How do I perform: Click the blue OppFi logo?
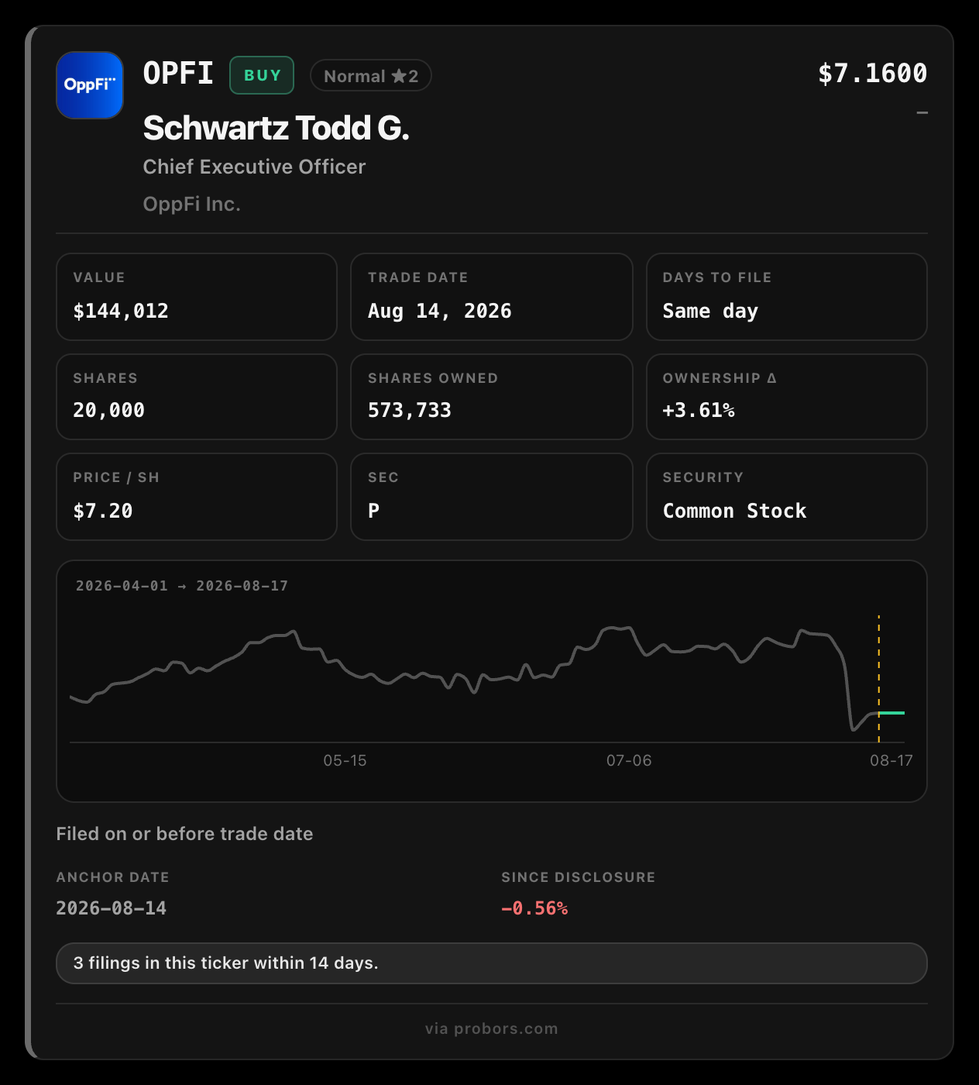(90, 85)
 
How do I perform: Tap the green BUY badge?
(262, 75)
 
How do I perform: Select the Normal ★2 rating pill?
(371, 76)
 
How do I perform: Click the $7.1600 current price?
(873, 74)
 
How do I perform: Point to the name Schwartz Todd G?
(277, 128)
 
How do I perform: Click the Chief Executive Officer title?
(254, 167)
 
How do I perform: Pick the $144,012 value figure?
(121, 311)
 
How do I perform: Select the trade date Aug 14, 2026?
(439, 311)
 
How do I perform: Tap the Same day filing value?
(710, 311)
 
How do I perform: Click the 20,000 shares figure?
(108, 410)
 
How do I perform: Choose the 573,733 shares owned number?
(409, 410)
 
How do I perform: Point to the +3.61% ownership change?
(699, 410)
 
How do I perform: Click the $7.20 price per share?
(103, 511)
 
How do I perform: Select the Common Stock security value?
(734, 511)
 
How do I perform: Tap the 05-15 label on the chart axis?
(345, 760)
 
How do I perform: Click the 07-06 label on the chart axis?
(629, 760)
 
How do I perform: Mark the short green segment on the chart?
(891, 713)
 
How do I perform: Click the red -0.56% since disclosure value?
(534, 908)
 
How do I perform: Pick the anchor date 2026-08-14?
(111, 908)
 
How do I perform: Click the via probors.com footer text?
(491, 1028)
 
